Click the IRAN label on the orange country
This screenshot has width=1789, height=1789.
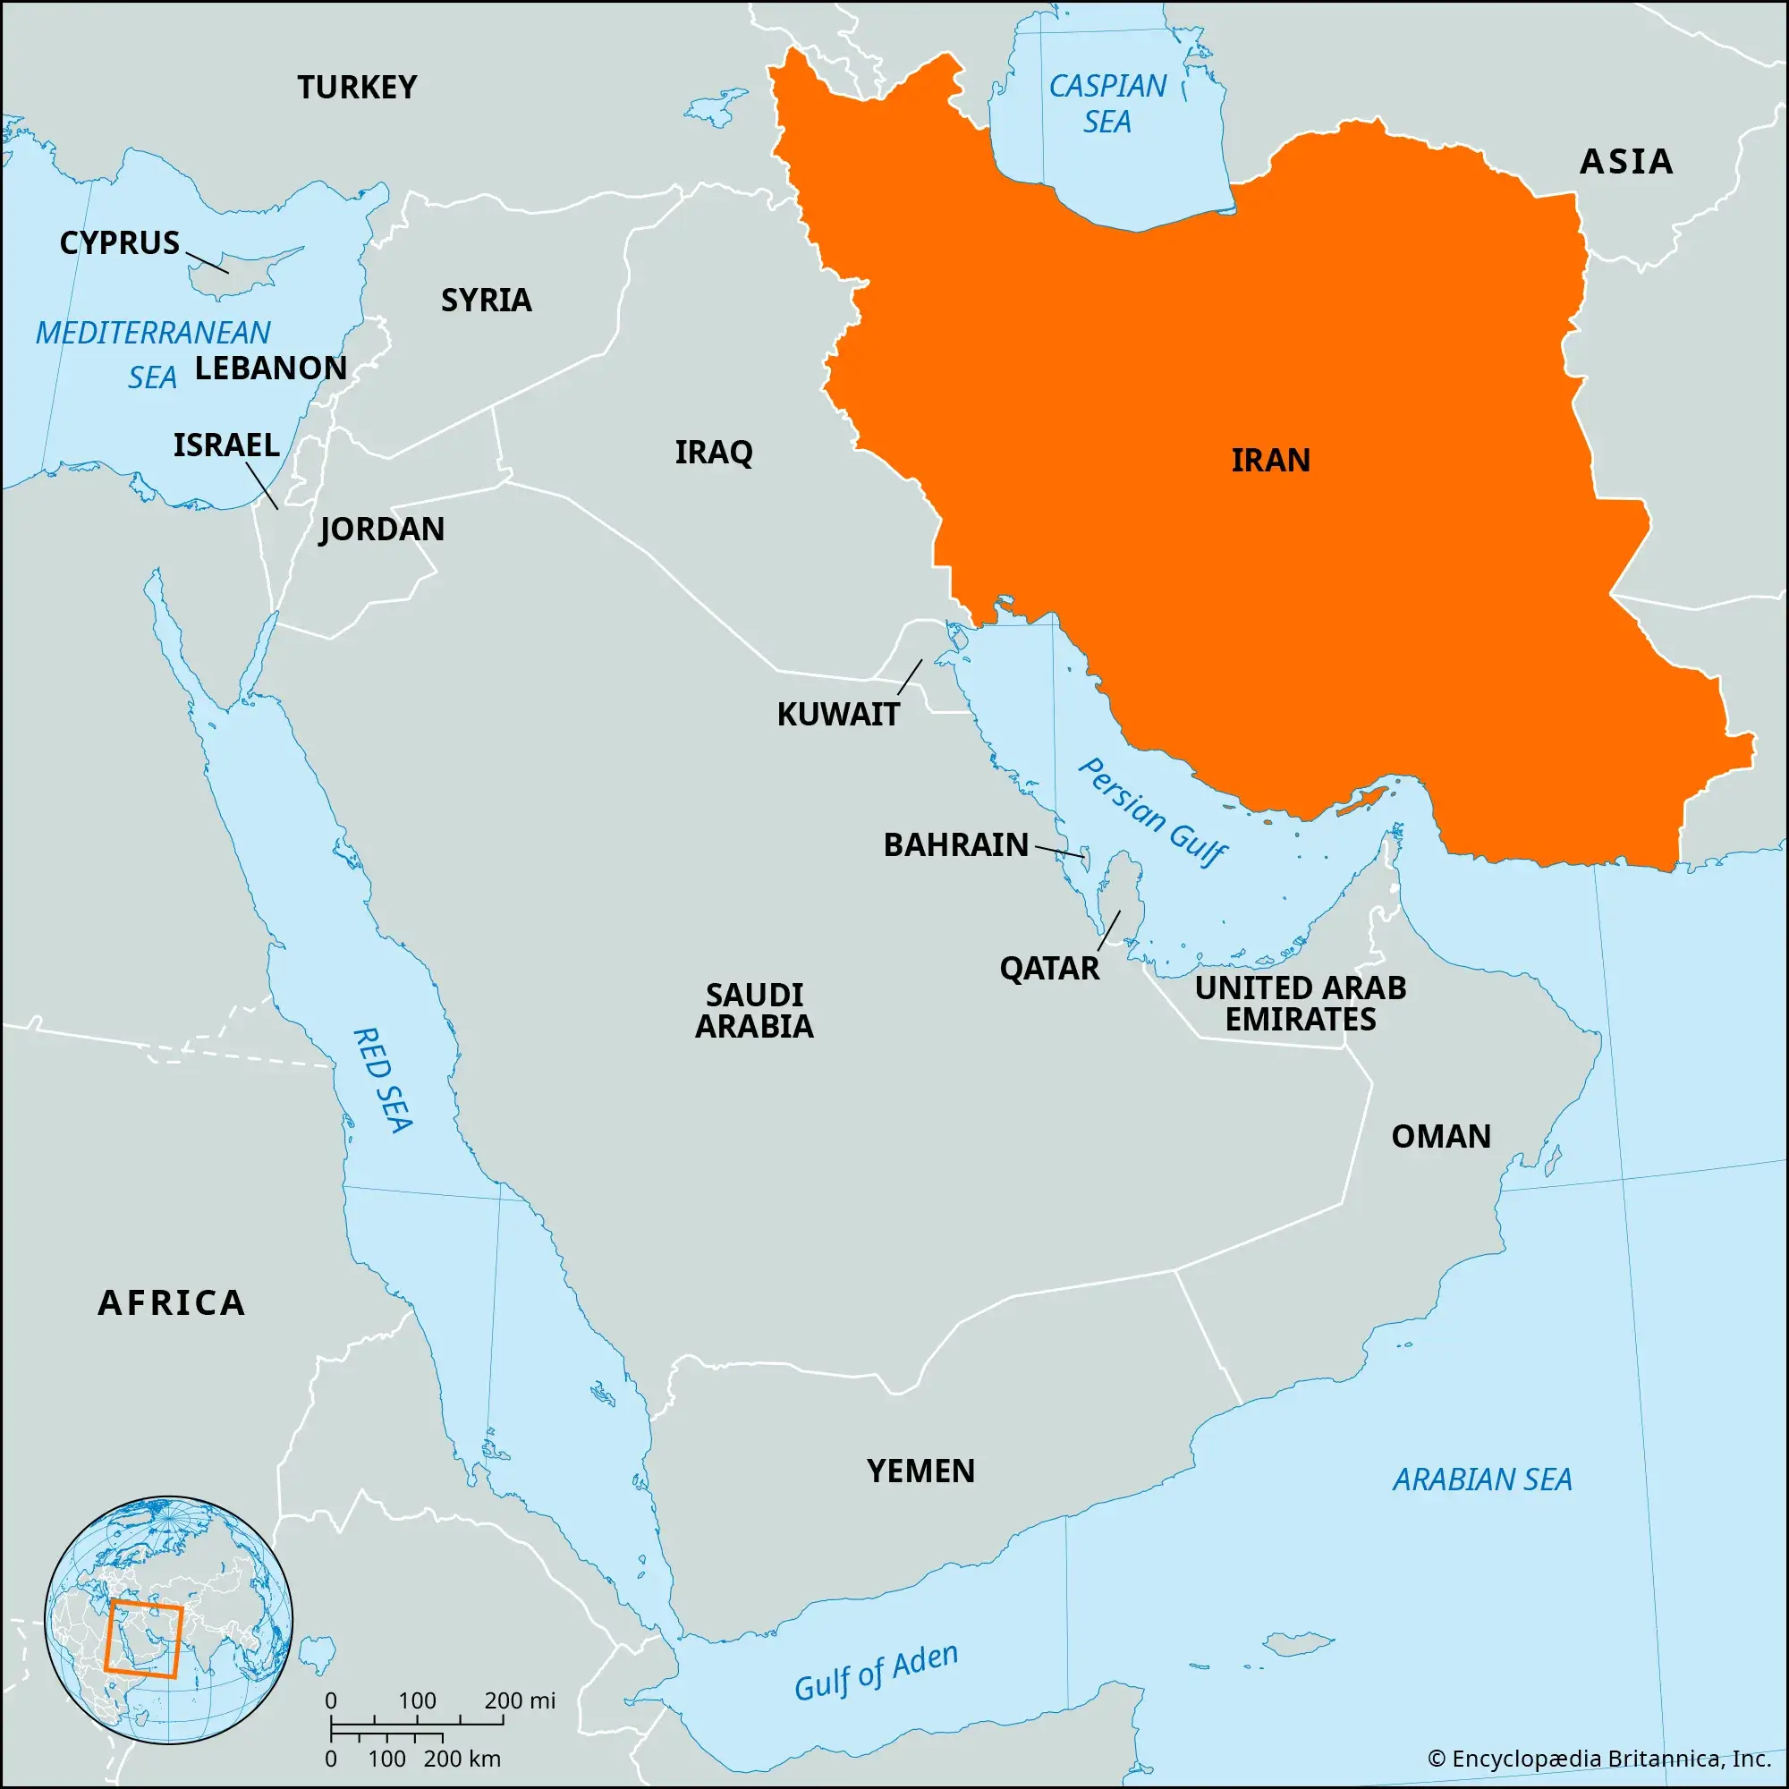pyautogui.click(x=1270, y=460)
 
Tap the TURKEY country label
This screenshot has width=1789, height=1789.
pyautogui.click(x=357, y=87)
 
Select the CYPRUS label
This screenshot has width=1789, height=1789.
pyautogui.click(x=120, y=242)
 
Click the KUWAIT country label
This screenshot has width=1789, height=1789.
pyautogui.click(x=838, y=714)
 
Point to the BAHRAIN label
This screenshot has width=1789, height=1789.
pyautogui.click(x=955, y=844)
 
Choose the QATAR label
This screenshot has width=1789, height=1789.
pyautogui.click(x=1049, y=969)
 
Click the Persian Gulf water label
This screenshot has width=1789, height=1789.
pyautogui.click(x=1153, y=813)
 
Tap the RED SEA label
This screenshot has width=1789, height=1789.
pyautogui.click(x=383, y=1080)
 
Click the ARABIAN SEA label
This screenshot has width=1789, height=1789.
pyautogui.click(x=1482, y=1480)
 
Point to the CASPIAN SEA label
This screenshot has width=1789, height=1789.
pyautogui.click(x=1107, y=104)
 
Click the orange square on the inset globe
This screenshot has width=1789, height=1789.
pyautogui.click(x=142, y=1638)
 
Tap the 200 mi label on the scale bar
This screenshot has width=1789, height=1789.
pyautogui.click(x=520, y=1700)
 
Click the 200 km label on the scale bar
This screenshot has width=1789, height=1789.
pyautogui.click(x=462, y=1759)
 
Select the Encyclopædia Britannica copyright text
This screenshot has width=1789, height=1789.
pyautogui.click(x=1599, y=1759)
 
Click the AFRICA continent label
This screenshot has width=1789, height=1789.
pyautogui.click(x=172, y=1303)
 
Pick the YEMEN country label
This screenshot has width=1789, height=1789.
pyautogui.click(x=920, y=1471)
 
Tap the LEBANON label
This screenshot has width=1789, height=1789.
pyautogui.click(x=270, y=368)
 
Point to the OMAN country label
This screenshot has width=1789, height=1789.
pyautogui.click(x=1441, y=1136)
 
